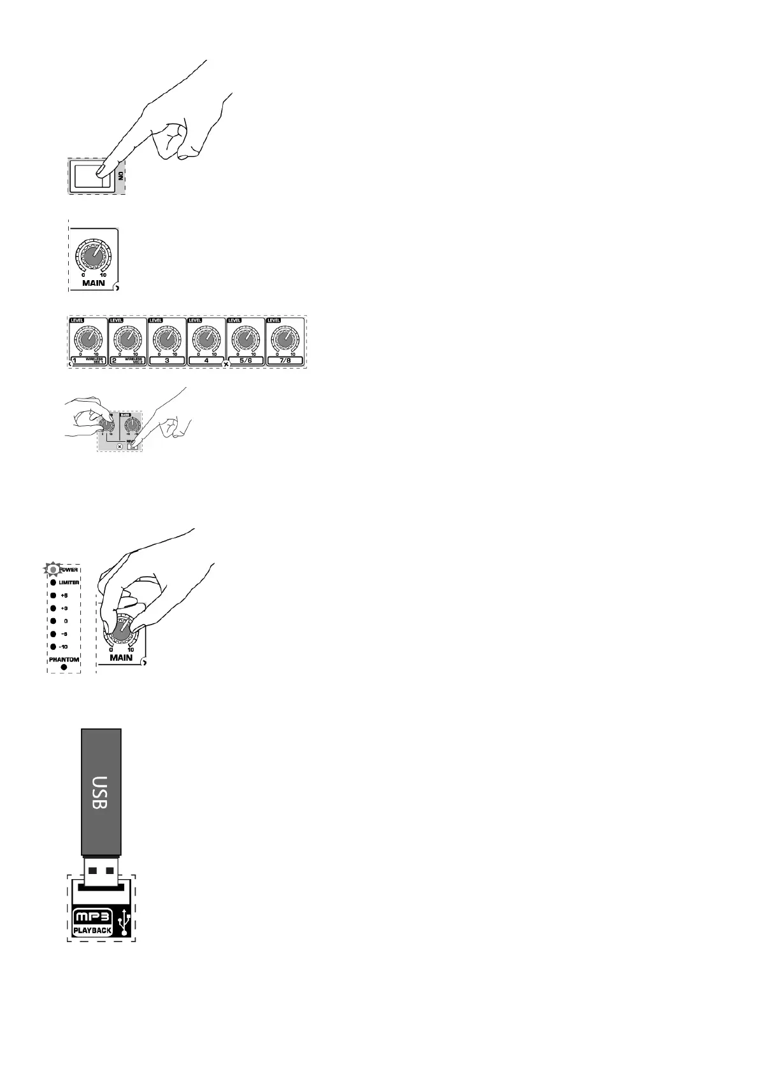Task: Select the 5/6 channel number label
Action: (245, 360)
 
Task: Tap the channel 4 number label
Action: (206, 360)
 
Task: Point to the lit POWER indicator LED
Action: (54, 569)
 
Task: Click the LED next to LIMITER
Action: (54, 582)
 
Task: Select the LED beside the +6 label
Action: (54, 595)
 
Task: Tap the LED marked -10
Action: (54, 647)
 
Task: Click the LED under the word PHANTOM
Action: (64, 667)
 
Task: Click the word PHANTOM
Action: (64, 659)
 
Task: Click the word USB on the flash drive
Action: (101, 792)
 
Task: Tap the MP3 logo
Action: (93, 917)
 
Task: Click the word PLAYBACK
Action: (93, 930)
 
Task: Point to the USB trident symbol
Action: (124, 924)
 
